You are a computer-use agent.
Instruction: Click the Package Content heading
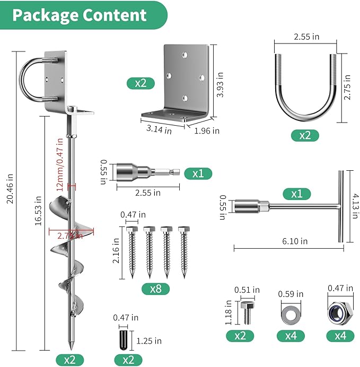tap(80, 15)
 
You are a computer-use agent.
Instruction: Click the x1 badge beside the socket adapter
tap(198, 173)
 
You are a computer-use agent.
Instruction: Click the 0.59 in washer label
tap(292, 293)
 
